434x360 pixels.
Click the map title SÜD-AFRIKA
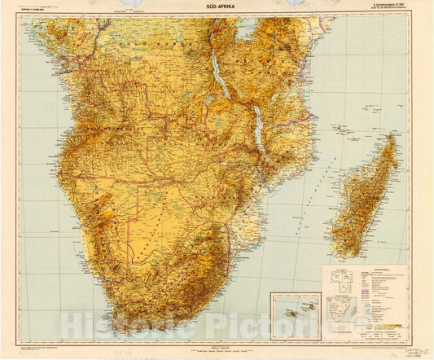(x=217, y=6)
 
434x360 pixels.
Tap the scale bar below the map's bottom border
(x=217, y=345)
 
